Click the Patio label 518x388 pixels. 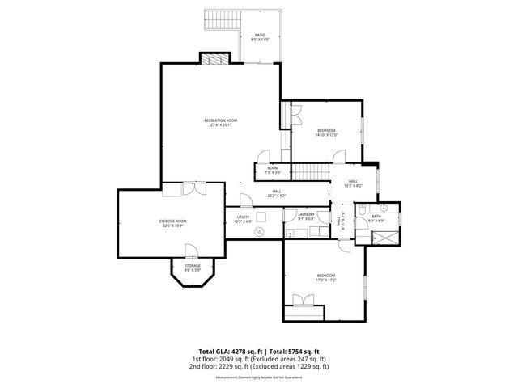[260, 36]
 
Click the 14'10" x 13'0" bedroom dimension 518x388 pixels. [327, 135]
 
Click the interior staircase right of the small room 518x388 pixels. [308, 171]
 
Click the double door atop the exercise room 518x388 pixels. [193, 188]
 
